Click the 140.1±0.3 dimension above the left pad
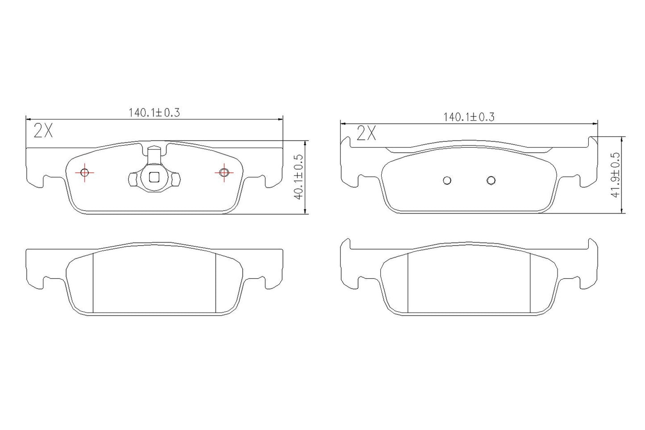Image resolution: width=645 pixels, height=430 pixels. (x=154, y=113)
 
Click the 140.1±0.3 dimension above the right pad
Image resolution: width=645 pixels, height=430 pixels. (x=469, y=117)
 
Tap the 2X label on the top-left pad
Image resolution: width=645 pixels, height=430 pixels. (x=43, y=131)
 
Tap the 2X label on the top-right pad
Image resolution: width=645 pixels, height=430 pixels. (x=366, y=134)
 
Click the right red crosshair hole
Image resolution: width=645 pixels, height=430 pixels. (x=224, y=172)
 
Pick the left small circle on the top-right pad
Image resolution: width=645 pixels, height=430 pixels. (x=447, y=180)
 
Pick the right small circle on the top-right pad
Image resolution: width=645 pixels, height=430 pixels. (x=491, y=180)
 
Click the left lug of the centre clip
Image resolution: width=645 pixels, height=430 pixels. (x=132, y=179)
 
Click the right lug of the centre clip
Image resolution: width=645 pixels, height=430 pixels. (x=176, y=179)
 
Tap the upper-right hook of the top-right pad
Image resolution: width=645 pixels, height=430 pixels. (x=593, y=142)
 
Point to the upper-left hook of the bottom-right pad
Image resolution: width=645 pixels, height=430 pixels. (x=345, y=244)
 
